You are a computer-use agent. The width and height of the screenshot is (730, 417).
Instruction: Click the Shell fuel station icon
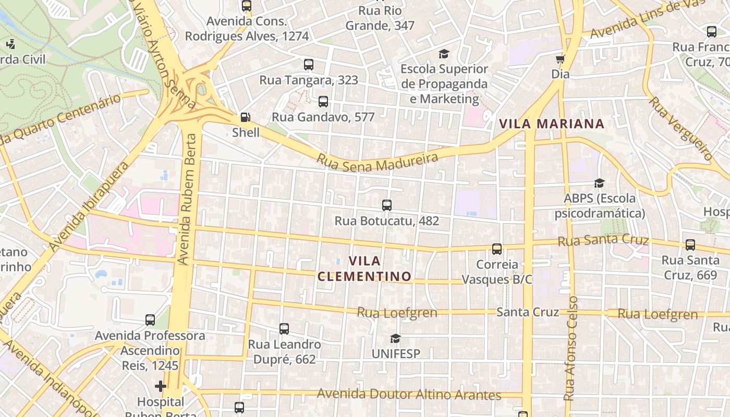[245, 118]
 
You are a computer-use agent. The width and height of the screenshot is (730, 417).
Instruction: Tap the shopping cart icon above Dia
[561, 59]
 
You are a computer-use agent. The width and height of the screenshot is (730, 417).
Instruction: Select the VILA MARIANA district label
[552, 124]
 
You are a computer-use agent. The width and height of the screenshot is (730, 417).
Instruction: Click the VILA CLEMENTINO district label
[364, 268]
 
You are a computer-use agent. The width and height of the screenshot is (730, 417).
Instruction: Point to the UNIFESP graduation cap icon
[395, 339]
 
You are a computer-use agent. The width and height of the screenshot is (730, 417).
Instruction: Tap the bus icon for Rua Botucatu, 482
[386, 205]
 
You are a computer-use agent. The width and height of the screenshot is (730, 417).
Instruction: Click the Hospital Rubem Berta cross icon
[161, 386]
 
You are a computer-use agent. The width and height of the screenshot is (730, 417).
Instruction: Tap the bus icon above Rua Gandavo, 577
[323, 102]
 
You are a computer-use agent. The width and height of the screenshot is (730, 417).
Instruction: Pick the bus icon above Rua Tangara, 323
[309, 65]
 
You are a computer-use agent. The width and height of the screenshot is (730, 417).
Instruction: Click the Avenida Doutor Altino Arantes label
[409, 395]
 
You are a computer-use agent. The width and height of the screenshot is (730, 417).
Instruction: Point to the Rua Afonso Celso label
[571, 348]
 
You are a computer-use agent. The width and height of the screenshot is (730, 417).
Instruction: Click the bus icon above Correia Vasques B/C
[497, 249]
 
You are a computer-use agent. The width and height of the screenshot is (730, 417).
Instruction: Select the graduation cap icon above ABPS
[599, 183]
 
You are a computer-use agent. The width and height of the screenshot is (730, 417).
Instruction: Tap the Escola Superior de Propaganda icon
[444, 54]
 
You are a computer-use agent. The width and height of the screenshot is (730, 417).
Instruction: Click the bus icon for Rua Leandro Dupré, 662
[284, 329]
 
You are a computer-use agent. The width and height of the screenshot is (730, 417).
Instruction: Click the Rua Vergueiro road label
[680, 128]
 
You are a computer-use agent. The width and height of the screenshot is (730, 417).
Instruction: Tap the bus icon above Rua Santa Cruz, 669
[690, 245]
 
